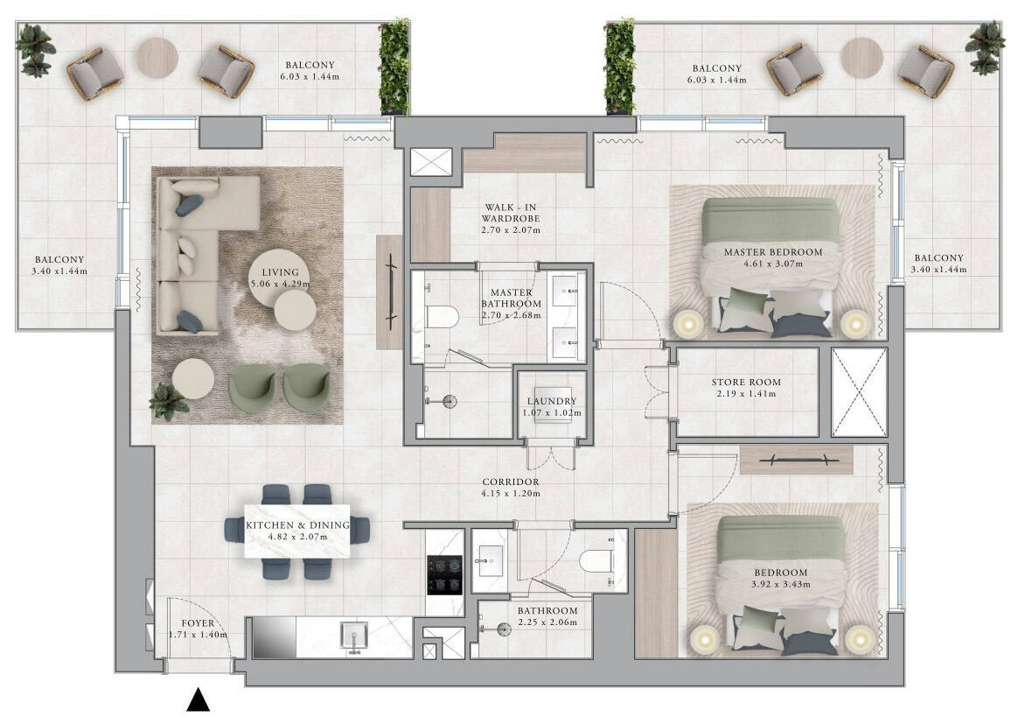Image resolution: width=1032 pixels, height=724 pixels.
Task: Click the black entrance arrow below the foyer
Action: pyautogui.click(x=199, y=700)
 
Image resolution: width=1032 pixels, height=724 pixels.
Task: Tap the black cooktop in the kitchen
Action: pyautogui.click(x=445, y=575)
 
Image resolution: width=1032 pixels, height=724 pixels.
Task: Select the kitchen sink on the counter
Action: pyautogui.click(x=354, y=636)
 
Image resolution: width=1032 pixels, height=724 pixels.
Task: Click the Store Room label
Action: pyautogui.click(x=746, y=382)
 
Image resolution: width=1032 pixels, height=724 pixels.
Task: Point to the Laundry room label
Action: pyautogui.click(x=552, y=401)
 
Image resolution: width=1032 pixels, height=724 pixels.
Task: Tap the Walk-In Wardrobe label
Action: pyautogui.click(x=511, y=213)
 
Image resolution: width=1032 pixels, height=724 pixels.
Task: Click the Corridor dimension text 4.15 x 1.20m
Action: pyautogui.click(x=511, y=494)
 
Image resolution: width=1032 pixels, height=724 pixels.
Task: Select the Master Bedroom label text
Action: pyautogui.click(x=773, y=252)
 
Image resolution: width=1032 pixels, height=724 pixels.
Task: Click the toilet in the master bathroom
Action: pyautogui.click(x=441, y=317)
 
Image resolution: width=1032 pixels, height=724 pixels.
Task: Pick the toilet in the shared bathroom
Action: pyautogui.click(x=596, y=561)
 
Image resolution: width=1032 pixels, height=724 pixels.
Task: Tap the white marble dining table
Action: pyautogui.click(x=297, y=531)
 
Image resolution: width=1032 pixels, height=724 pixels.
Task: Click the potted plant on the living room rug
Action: pyautogui.click(x=169, y=401)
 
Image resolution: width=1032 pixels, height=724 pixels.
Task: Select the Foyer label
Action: pyautogui.click(x=198, y=623)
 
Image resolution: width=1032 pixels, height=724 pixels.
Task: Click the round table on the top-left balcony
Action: pyautogui.click(x=157, y=58)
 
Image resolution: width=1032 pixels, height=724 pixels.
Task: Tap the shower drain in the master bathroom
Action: pyautogui.click(x=450, y=401)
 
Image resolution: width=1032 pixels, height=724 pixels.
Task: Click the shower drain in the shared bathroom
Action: pyautogui.click(x=504, y=629)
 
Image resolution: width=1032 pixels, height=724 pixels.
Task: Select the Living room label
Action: pyautogui.click(x=281, y=272)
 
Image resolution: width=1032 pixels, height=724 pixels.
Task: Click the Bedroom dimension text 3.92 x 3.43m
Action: pyautogui.click(x=781, y=584)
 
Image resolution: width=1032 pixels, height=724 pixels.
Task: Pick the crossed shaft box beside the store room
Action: pyautogui.click(x=859, y=392)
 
